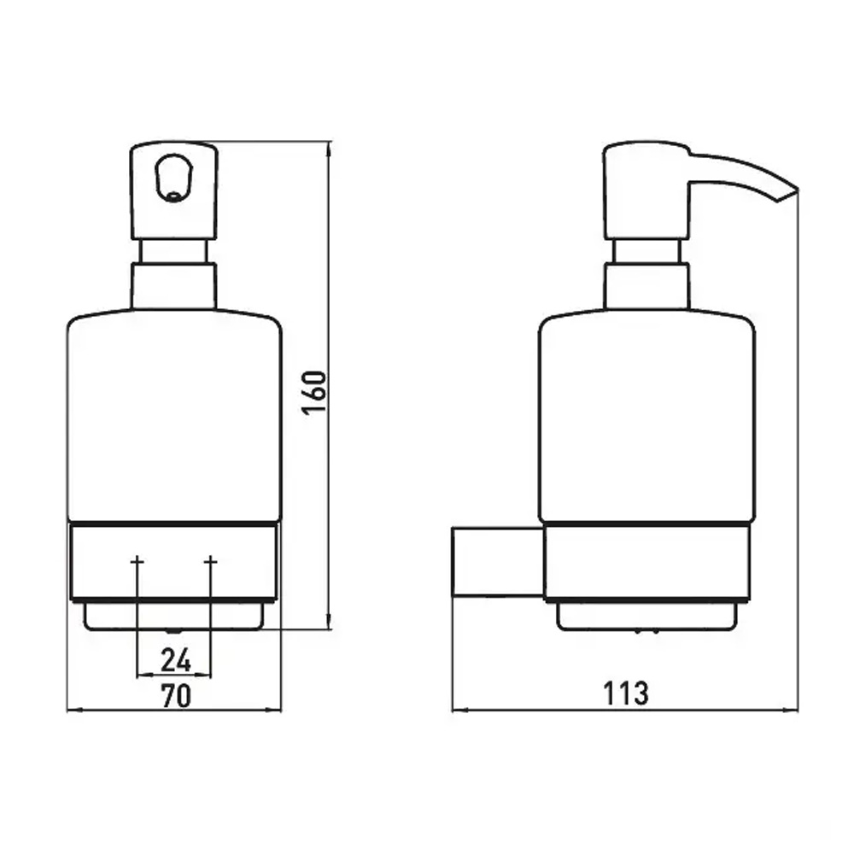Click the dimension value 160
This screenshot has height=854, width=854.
click(x=315, y=393)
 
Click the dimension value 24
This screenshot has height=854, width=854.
click(x=176, y=660)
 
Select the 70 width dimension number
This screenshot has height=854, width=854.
click(x=176, y=695)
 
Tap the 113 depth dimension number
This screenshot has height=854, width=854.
click(x=626, y=693)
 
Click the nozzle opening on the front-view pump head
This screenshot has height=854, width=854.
click(x=173, y=178)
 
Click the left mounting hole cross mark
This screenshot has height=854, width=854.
click(x=137, y=560)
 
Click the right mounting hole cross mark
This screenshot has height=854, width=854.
click(x=211, y=560)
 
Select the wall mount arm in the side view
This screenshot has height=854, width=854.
click(x=499, y=562)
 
